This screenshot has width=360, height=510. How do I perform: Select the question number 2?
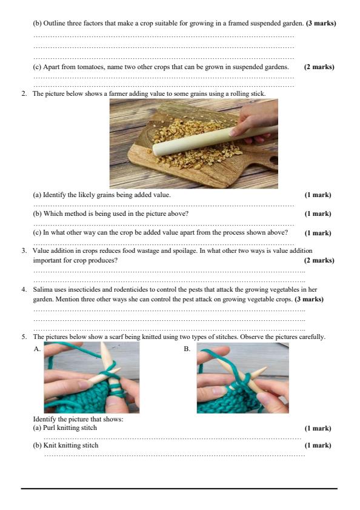coord(24,94)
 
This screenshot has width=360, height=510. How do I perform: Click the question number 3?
coord(24,250)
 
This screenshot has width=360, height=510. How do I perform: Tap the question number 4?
coord(24,290)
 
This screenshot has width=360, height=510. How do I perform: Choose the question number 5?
coord(24,337)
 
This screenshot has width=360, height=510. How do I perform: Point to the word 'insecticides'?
coord(84,290)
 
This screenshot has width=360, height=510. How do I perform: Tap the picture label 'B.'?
coord(187,349)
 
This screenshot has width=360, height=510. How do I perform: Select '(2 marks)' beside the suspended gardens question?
coord(319,67)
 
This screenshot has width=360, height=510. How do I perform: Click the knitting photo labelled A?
coord(92,378)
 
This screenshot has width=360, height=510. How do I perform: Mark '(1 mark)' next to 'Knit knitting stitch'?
coord(318,446)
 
